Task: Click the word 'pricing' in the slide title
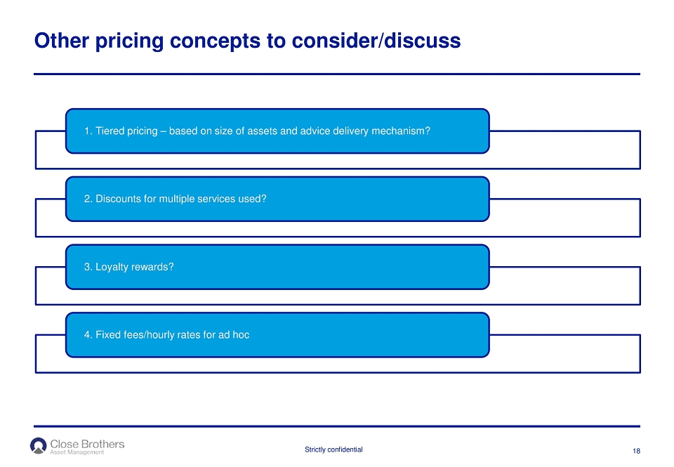pos(129,41)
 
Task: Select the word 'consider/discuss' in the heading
pos(376,41)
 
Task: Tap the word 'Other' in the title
pos(62,41)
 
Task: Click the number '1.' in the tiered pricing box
pos(88,131)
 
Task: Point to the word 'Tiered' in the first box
pos(108,131)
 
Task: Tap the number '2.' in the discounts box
pos(88,199)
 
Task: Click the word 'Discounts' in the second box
pos(116,199)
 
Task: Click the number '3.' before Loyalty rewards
pos(88,267)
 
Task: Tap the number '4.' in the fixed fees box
pos(88,334)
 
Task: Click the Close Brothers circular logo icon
pos(38,446)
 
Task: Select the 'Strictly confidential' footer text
pos(333,449)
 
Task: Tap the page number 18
pos(636,451)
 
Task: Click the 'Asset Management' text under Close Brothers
pos(77,452)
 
